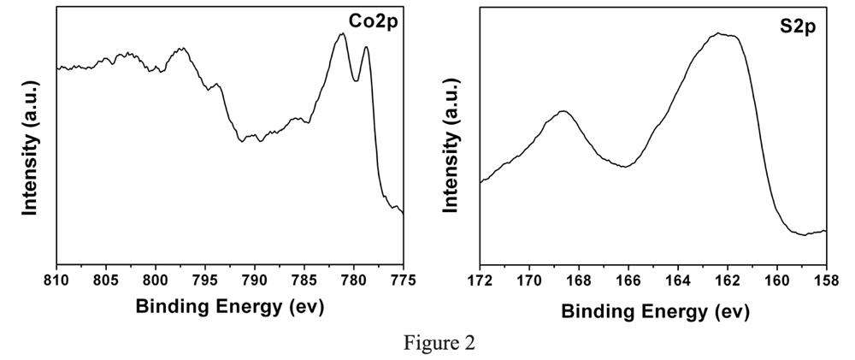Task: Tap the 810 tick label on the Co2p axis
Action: (56, 280)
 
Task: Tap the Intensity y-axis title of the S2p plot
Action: (452, 141)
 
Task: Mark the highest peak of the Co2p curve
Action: (342, 34)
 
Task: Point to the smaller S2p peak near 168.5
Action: (563, 111)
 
